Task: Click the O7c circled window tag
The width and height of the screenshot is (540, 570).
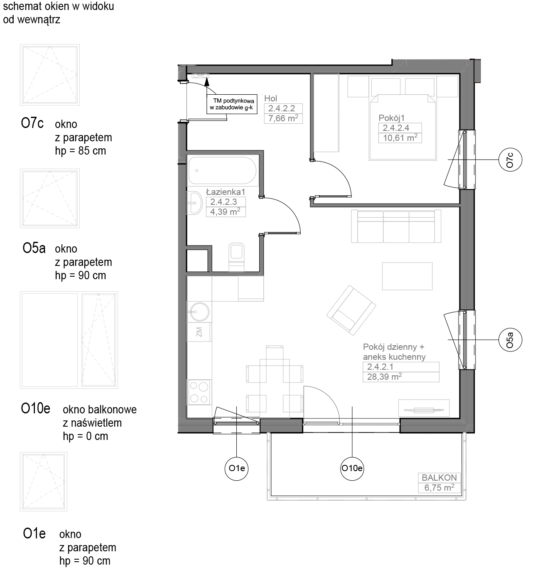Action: tap(510, 160)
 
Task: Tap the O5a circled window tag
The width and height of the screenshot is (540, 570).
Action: tap(510, 340)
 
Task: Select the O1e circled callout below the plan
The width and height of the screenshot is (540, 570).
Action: tap(236, 468)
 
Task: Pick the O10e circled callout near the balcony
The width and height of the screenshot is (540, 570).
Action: tap(352, 468)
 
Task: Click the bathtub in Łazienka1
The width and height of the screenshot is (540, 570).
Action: tap(223, 170)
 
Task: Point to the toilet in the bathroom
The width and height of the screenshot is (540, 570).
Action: tap(236, 257)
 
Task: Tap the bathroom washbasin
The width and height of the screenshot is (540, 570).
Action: tap(194, 203)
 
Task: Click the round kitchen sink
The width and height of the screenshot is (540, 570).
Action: tap(199, 312)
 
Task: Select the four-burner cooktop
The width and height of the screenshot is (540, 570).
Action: tap(199, 392)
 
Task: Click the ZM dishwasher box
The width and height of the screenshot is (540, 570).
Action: tap(199, 332)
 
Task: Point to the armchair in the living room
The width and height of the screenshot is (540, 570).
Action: tap(351, 310)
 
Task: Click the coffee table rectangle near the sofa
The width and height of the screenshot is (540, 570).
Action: tap(407, 276)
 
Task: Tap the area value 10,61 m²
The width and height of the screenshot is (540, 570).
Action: tap(400, 138)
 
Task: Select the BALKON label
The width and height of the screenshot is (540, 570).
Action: tap(439, 477)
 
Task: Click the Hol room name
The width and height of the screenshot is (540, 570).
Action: tap(270, 98)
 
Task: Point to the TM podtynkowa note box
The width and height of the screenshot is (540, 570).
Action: tap(232, 104)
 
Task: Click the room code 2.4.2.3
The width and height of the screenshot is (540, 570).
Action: tap(223, 202)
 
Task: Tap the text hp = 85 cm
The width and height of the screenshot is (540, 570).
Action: tap(81, 151)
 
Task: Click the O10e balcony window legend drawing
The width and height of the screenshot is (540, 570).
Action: tap(69, 340)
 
